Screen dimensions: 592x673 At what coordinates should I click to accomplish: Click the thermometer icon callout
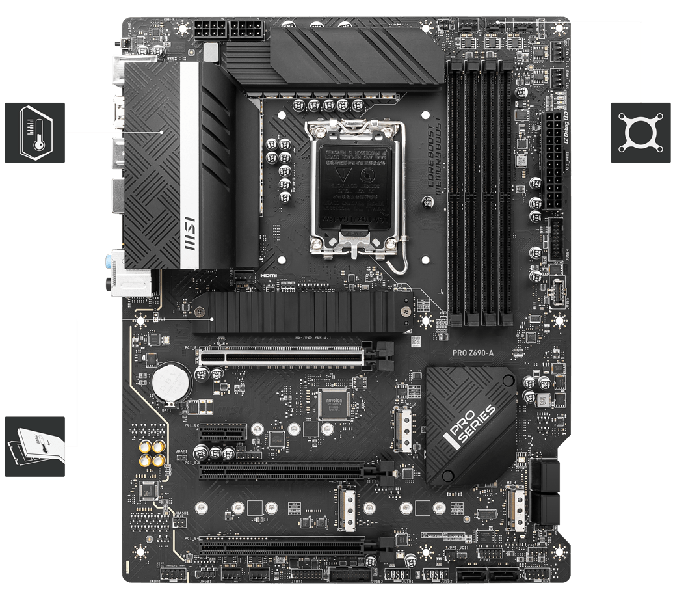(34, 132)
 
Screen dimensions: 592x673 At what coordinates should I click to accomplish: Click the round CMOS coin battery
(172, 381)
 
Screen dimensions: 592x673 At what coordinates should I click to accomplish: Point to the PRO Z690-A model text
(473, 352)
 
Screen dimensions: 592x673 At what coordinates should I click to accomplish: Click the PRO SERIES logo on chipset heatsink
(471, 426)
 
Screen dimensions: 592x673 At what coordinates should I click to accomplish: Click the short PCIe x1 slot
(218, 431)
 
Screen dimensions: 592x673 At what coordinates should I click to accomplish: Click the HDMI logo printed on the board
(268, 276)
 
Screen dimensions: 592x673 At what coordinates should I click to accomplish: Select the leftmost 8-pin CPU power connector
(209, 29)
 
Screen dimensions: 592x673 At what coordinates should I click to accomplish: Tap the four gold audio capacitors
(151, 453)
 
